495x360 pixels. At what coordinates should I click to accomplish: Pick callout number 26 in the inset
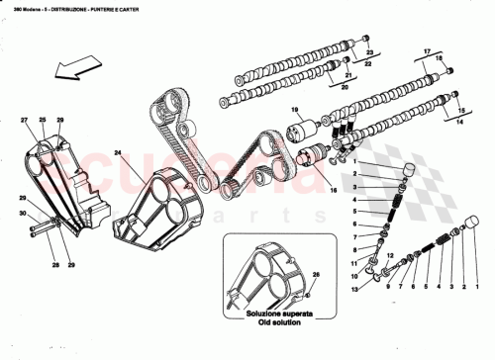point(316,274)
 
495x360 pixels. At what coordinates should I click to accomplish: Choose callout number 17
point(429,51)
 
